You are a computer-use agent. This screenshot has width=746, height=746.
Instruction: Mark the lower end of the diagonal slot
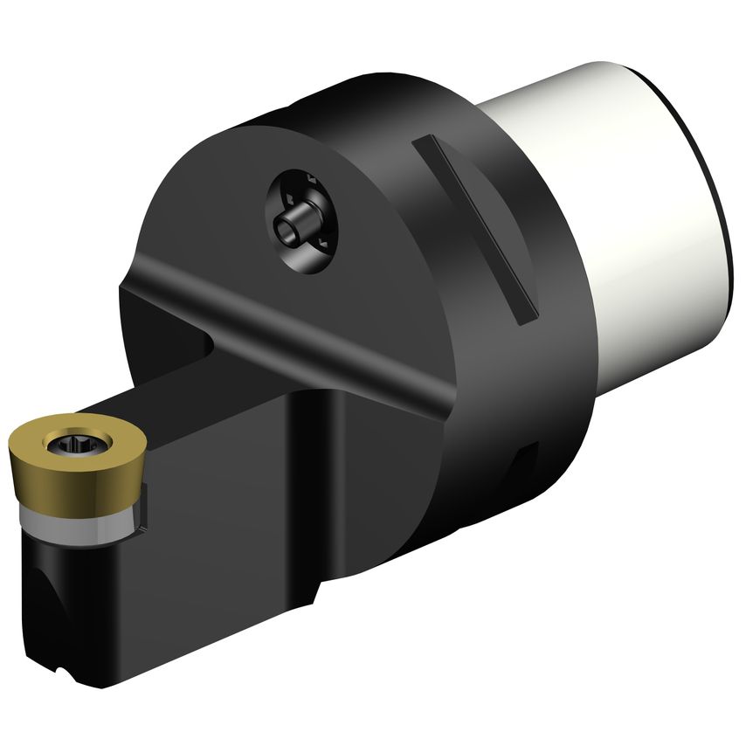coord(526,315)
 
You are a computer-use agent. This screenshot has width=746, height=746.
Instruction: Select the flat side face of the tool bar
coord(218,524)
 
